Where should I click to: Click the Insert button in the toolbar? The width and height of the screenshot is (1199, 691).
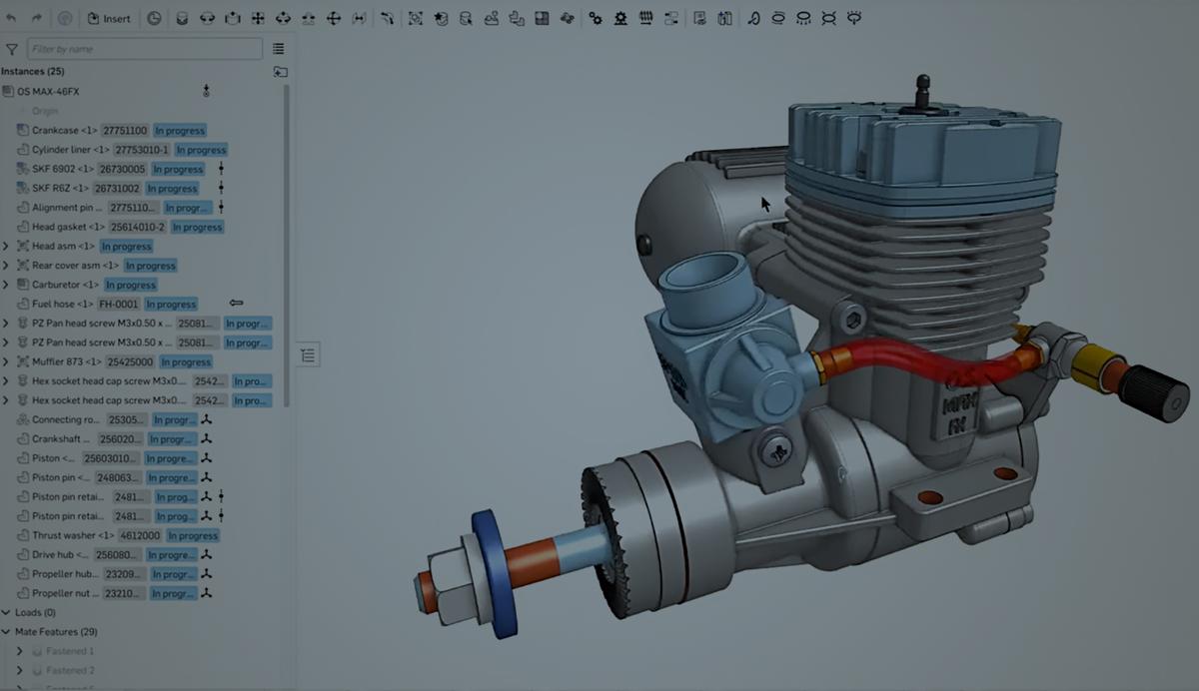pos(109,18)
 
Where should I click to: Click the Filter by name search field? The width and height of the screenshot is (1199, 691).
pos(144,48)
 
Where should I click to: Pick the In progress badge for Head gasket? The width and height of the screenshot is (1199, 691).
pos(196,227)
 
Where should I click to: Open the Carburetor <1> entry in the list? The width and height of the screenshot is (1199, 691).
pos(65,285)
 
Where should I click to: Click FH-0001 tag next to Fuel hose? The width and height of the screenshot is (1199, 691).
pos(118,304)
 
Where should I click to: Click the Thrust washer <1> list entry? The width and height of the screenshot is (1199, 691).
pos(73,535)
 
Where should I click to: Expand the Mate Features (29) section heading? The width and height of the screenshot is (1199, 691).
pos(55,632)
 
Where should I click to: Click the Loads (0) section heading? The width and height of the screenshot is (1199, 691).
pos(35,612)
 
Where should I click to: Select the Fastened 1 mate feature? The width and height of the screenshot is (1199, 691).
pos(69,651)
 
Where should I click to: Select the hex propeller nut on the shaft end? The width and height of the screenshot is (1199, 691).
pos(439,581)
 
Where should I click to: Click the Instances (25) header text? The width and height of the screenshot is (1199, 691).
pos(33,71)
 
